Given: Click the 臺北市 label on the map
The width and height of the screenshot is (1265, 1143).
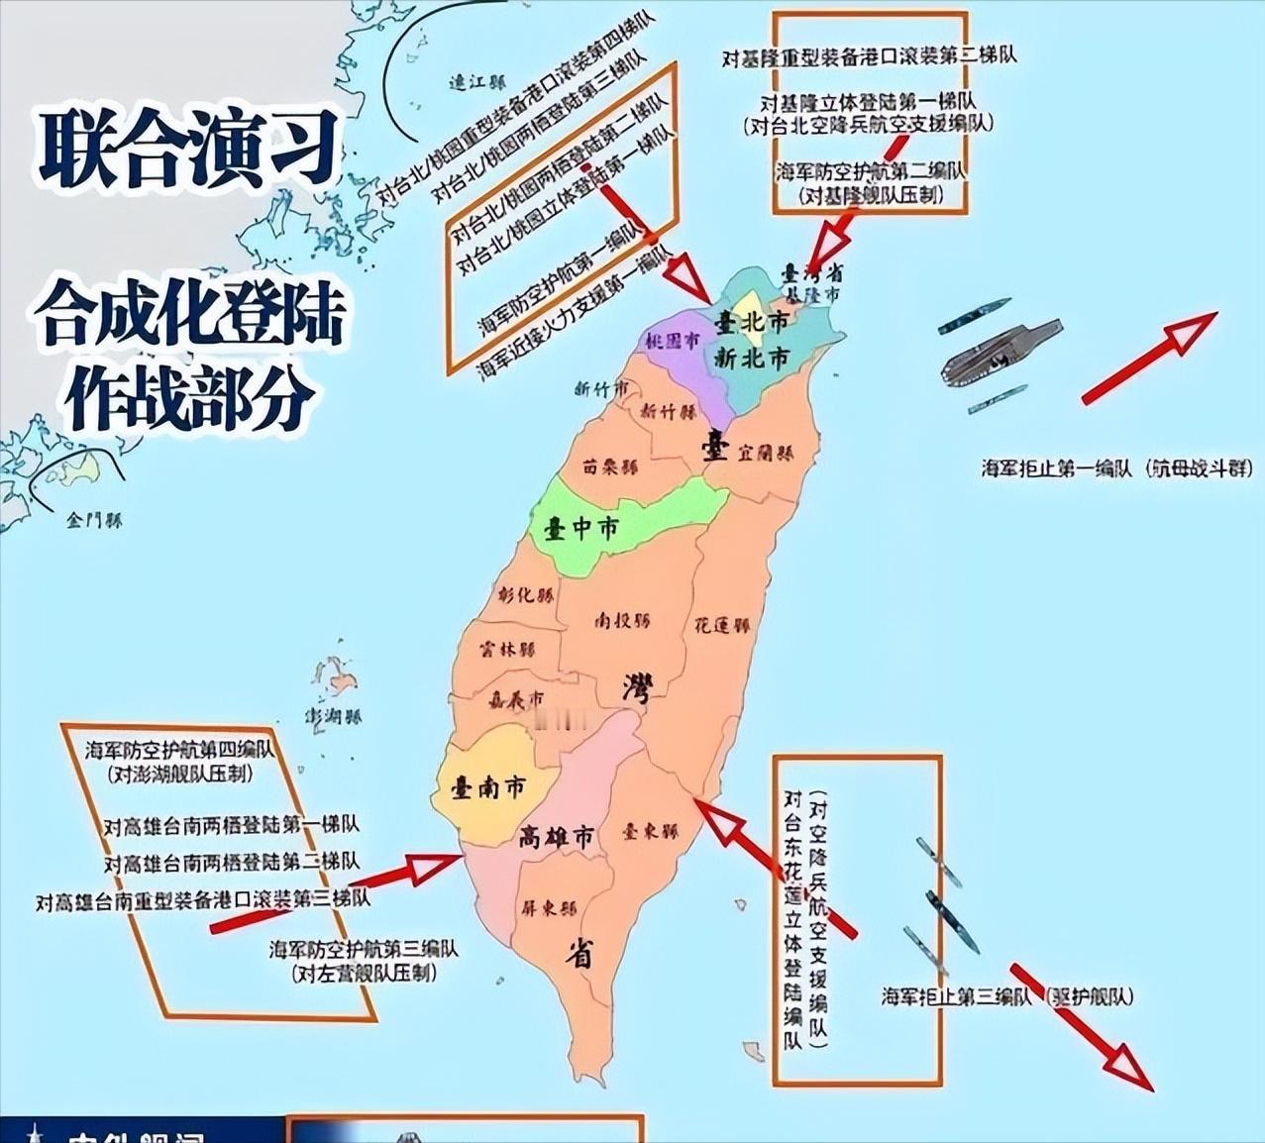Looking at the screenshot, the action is (753, 323).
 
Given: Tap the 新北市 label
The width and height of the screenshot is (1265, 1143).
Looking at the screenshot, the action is (753, 359).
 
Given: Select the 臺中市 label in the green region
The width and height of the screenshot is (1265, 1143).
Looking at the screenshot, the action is (581, 529).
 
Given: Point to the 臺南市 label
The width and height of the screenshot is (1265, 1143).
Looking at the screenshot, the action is (488, 788).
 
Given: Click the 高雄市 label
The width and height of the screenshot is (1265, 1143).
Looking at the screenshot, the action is (557, 838).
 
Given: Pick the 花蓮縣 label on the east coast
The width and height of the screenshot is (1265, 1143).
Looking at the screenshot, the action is (721, 626).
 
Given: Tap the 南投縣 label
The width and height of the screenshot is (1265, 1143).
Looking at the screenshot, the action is (622, 621).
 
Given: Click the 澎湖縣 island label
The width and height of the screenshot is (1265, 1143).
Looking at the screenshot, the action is (333, 715).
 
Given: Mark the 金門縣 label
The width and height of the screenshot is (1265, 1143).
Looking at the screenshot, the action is (95, 519).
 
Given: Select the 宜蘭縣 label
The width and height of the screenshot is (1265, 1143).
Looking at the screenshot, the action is (765, 454).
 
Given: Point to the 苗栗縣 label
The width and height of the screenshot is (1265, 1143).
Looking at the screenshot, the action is (610, 466).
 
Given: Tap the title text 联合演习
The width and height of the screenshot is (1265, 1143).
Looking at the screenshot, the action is (188, 149).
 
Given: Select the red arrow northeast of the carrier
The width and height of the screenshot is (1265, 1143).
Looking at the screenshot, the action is (1149, 359).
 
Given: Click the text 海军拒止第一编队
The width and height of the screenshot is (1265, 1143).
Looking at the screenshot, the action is (1056, 468).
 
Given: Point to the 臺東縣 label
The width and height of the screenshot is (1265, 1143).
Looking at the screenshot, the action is (650, 832).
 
